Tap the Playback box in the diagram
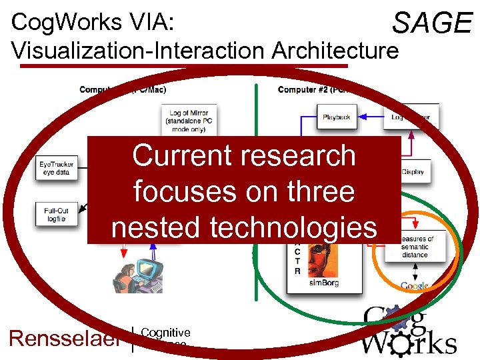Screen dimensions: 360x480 pyautogui.click(x=337, y=117)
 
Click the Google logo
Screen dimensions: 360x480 pyautogui.click(x=415, y=286)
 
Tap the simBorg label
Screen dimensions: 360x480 pyautogui.click(x=324, y=283)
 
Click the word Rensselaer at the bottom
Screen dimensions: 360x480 pyautogui.click(x=64, y=338)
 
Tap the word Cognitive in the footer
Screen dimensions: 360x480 pyautogui.click(x=165, y=333)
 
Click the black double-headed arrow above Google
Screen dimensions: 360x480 pyautogui.click(x=415, y=270)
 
